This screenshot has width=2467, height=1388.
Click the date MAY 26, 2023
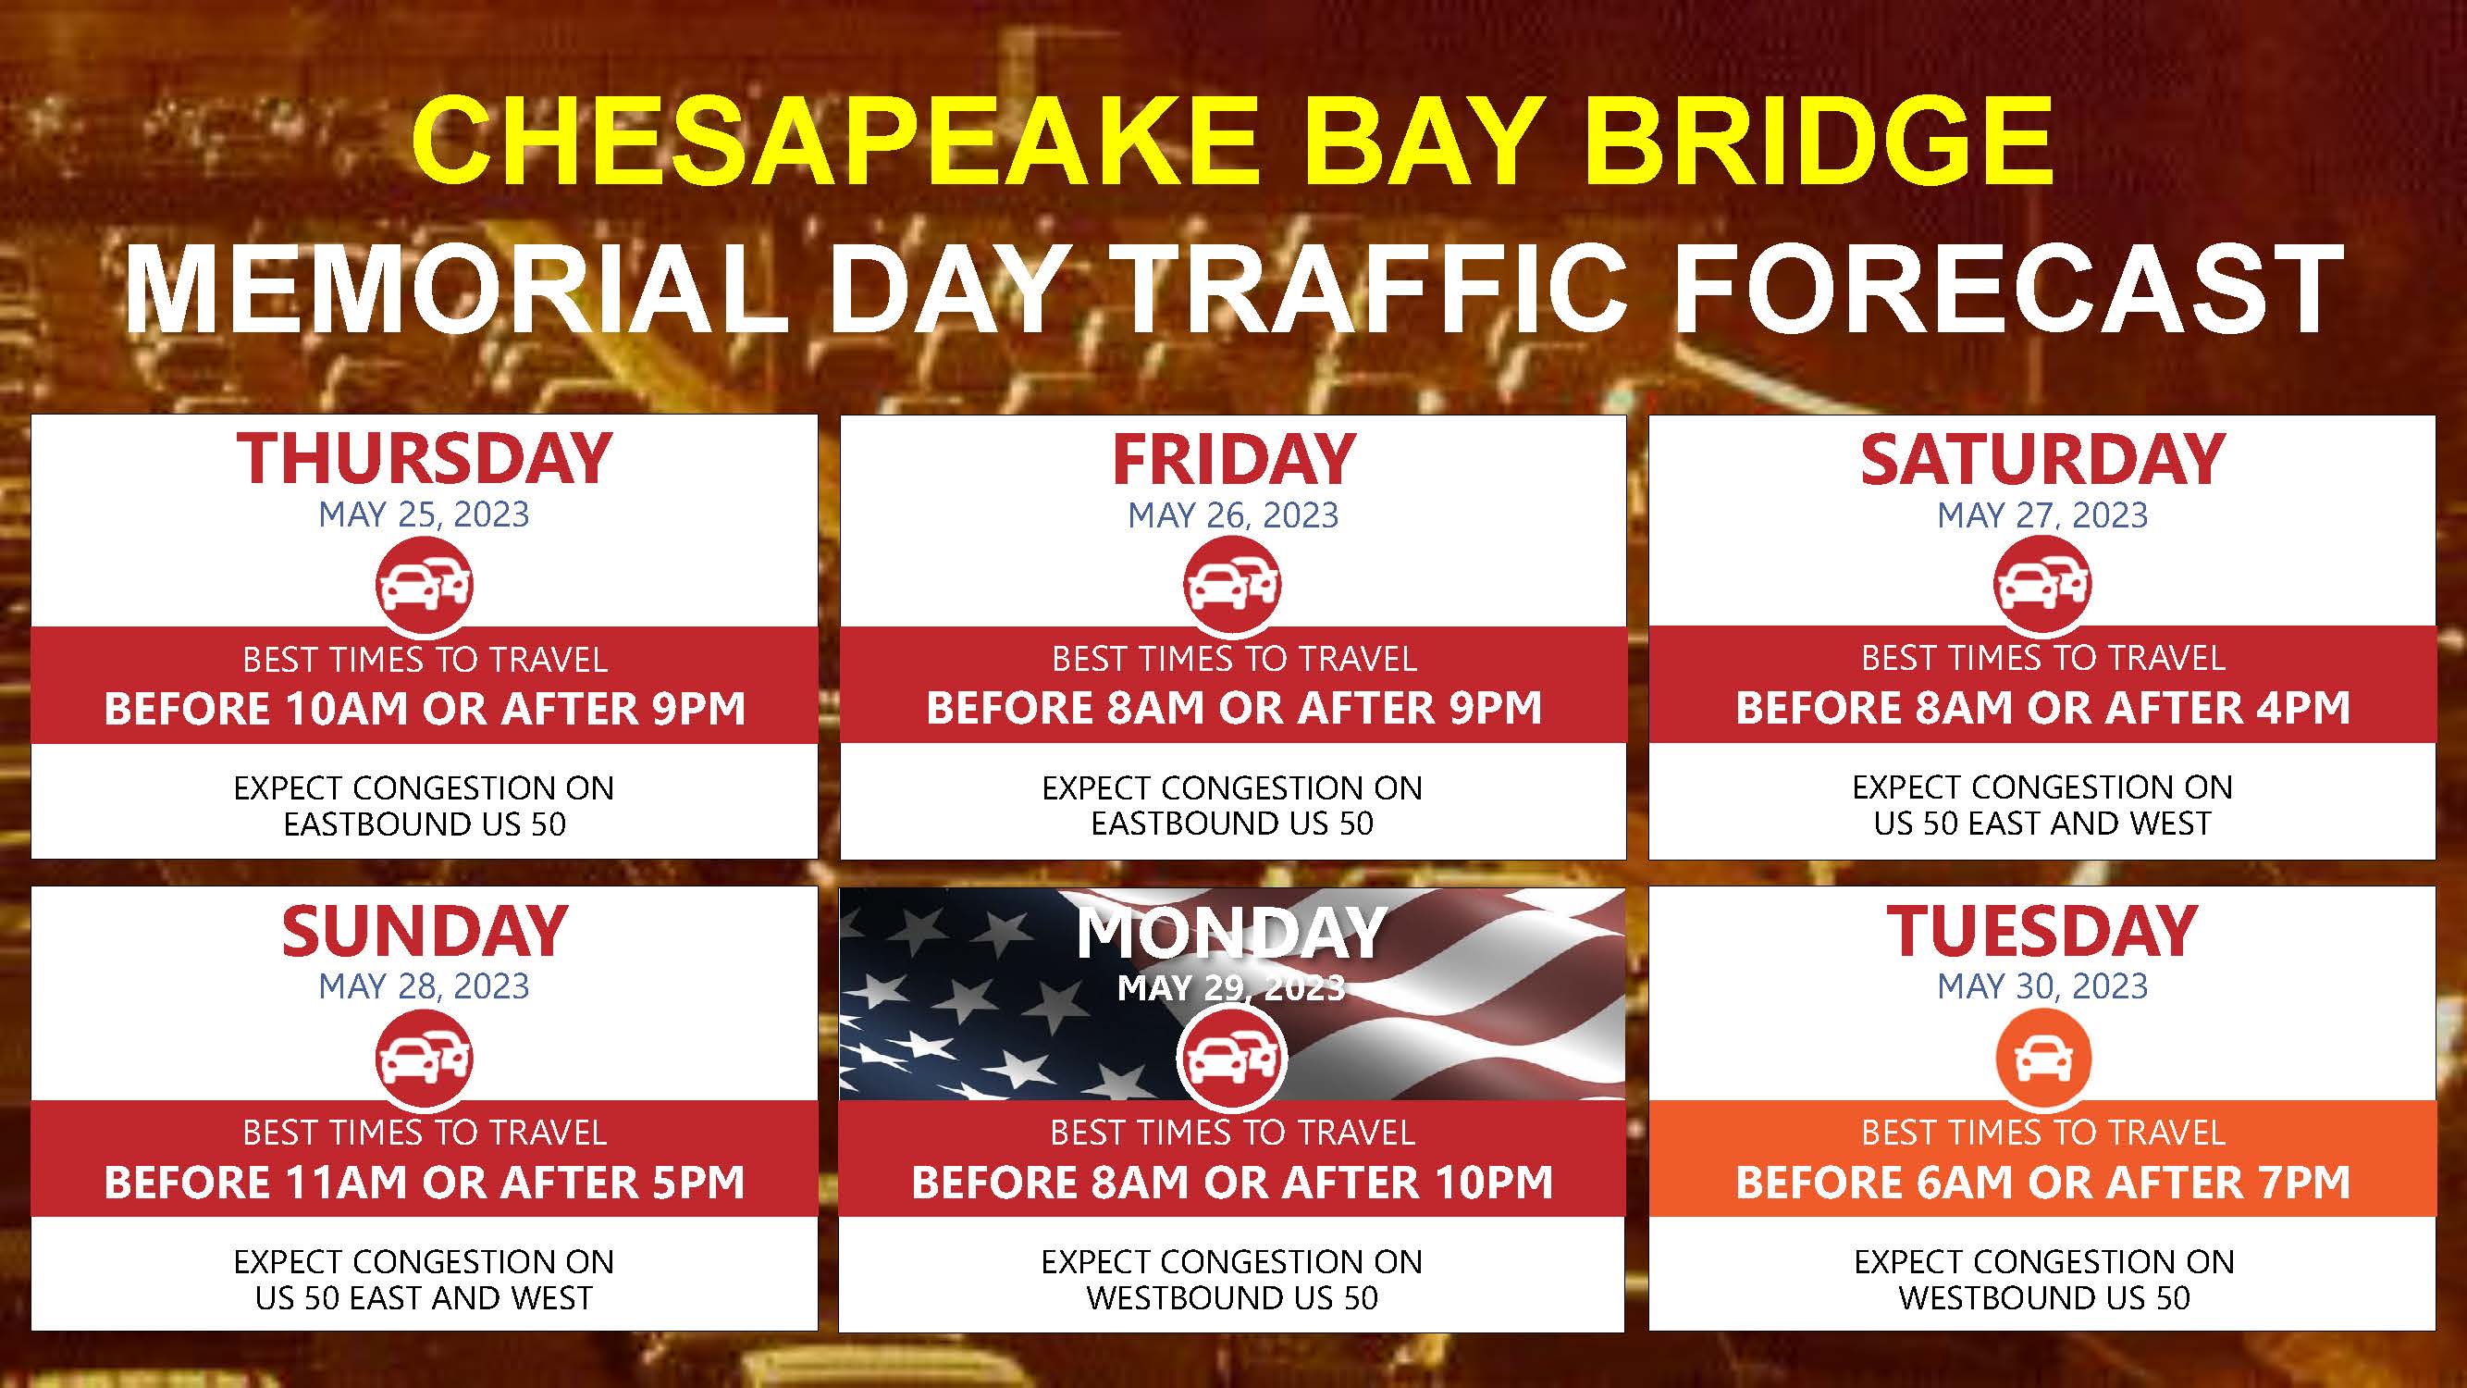click(1232, 515)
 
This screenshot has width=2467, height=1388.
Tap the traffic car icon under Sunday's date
click(425, 1058)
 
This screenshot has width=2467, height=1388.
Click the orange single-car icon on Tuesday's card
click(2042, 1058)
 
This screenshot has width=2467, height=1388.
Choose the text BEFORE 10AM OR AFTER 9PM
click(425, 709)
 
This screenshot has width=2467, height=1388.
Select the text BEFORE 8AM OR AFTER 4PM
click(2042, 708)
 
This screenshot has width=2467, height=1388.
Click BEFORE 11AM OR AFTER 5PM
click(425, 1182)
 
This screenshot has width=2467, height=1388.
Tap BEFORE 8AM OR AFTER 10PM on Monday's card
click(1232, 1182)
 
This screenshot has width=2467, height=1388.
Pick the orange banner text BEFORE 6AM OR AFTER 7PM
click(2042, 1182)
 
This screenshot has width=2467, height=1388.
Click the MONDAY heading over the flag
click(1231, 932)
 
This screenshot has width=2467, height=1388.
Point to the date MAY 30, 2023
click(2042, 985)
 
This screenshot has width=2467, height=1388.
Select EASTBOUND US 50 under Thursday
click(425, 824)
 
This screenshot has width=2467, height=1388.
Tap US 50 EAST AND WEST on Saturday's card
click(2042, 823)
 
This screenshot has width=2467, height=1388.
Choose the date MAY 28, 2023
click(425, 985)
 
